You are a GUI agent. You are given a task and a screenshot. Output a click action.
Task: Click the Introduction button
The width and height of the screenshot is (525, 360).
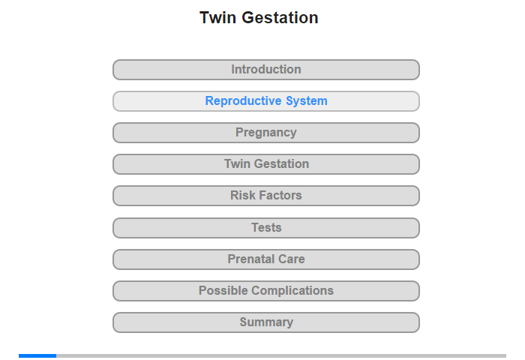pyautogui.click(x=266, y=70)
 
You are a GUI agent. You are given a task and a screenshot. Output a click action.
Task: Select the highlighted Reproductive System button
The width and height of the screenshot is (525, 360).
pyautogui.click(x=266, y=101)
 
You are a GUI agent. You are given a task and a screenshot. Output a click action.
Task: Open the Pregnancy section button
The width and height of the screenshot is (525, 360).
pyautogui.click(x=266, y=133)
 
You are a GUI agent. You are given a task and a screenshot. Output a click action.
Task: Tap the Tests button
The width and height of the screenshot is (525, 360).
pyautogui.click(x=266, y=228)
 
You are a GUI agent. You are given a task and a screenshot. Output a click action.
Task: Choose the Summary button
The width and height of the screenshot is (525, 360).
pyautogui.click(x=266, y=322)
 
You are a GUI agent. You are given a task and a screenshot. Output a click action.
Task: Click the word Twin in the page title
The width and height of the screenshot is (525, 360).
pyautogui.click(x=218, y=17)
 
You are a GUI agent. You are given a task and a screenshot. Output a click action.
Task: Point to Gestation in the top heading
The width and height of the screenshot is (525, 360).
pyautogui.click(x=280, y=17)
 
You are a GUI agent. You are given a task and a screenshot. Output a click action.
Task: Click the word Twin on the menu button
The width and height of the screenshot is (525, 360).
pyautogui.click(x=238, y=163)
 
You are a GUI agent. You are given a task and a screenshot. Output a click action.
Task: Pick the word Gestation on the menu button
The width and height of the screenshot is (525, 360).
pyautogui.click(x=281, y=163)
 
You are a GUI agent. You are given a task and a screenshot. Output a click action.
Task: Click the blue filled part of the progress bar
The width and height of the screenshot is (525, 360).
pyautogui.click(x=37, y=355)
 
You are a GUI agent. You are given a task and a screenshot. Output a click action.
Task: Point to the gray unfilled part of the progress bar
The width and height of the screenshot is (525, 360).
pyautogui.click(x=281, y=355)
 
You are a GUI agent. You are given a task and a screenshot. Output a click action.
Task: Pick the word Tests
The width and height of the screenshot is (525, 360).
pyautogui.click(x=266, y=228)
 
